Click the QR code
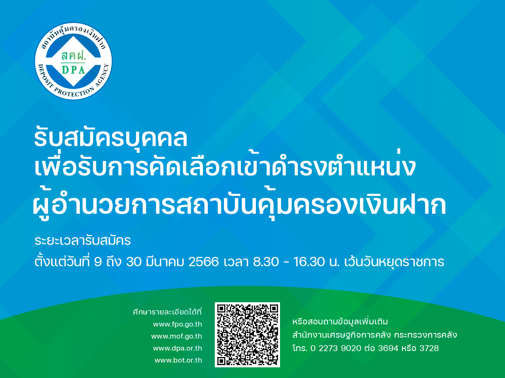[x=247, y=335]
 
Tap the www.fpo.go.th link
[x=177, y=324]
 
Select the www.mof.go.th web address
[x=177, y=336]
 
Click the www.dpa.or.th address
[x=177, y=348]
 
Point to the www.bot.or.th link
[x=178, y=360]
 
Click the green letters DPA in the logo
[x=73, y=70]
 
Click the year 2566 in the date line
[x=204, y=262]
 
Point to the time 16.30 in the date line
[x=309, y=262]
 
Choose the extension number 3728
[x=429, y=348]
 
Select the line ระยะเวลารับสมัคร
[x=83, y=241]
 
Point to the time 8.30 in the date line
[x=266, y=262]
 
